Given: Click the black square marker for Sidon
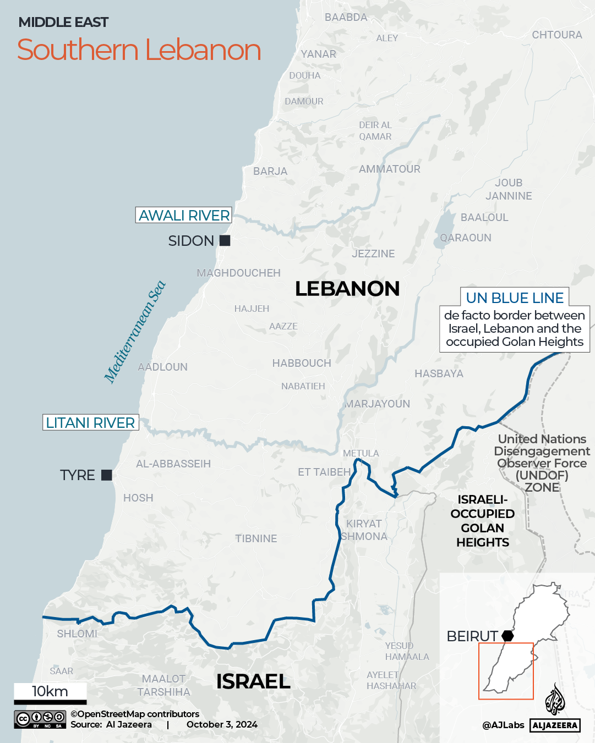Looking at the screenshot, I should click(x=225, y=240).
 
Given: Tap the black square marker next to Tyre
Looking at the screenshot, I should click(x=107, y=475).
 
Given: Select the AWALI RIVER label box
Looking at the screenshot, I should click(x=184, y=215).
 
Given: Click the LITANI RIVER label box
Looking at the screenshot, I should click(x=91, y=422).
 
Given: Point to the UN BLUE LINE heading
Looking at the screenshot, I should click(x=515, y=298).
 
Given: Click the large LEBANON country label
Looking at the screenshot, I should click(x=347, y=289).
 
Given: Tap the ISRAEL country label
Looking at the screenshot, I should click(x=253, y=681).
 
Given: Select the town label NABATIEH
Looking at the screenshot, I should click(x=303, y=386).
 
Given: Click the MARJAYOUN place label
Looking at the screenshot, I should click(x=378, y=404).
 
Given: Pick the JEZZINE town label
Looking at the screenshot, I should click(x=373, y=254).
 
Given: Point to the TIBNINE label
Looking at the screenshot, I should click(x=256, y=538).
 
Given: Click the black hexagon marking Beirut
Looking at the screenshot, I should click(x=507, y=636).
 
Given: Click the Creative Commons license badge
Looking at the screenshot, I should click(x=40, y=719).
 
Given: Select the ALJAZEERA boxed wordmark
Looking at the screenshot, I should click(x=555, y=725).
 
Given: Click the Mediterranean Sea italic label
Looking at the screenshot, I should click(x=135, y=332).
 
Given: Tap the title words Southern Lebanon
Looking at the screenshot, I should click(x=139, y=50).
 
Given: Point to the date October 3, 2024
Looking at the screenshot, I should click(x=222, y=724).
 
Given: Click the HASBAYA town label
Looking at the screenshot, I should click(x=439, y=373).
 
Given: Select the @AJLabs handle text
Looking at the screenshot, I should click(x=503, y=725).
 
